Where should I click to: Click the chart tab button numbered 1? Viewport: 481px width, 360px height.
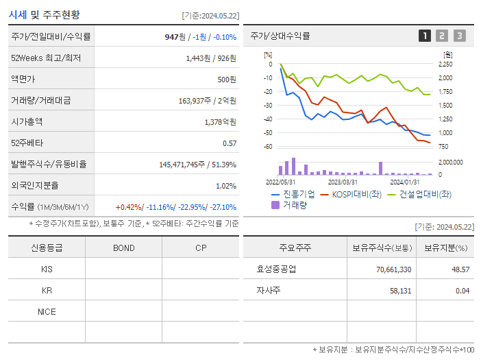pyautogui.click(x=425, y=36)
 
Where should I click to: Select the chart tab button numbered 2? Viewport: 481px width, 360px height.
pyautogui.click(x=442, y=36)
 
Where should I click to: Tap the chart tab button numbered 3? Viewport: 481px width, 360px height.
pyautogui.click(x=459, y=36)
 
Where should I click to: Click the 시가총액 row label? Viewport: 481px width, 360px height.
pyautogui.click(x=27, y=121)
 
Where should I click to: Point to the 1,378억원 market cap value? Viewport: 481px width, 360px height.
pyautogui.click(x=220, y=121)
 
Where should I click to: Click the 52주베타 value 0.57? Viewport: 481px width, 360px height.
pyautogui.click(x=229, y=143)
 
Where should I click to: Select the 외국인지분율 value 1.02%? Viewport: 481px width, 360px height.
pyautogui.click(x=225, y=185)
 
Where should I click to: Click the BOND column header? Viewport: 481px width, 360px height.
pyautogui.click(x=123, y=248)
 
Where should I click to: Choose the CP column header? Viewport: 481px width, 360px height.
pyautogui.click(x=201, y=248)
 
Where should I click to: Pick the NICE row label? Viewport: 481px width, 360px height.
pyautogui.click(x=47, y=311)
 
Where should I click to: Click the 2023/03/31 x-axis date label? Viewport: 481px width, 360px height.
pyautogui.click(x=343, y=182)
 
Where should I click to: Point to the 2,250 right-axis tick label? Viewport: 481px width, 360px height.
pyautogui.click(x=445, y=64)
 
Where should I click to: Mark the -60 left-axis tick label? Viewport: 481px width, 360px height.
pyautogui.click(x=268, y=147)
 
